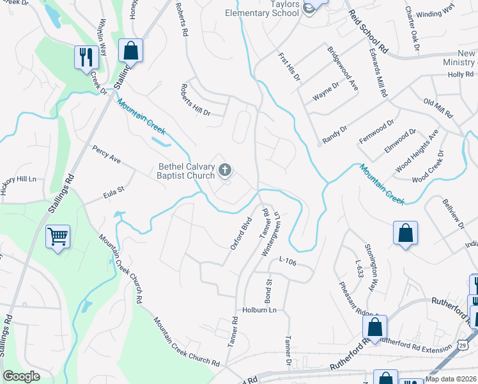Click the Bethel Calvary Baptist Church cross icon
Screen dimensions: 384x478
pyautogui.click(x=224, y=170)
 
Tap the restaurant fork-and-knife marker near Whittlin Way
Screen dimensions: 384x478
pyautogui.click(x=84, y=57)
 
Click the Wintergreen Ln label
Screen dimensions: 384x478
pyautogui.click(x=271, y=234)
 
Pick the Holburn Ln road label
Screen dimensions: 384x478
pyautogui.click(x=259, y=310)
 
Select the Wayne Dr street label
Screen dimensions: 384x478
pyautogui.click(x=326, y=91)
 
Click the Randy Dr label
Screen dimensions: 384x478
pyautogui.click(x=335, y=133)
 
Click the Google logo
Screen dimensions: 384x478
pyautogui.click(x=21, y=376)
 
